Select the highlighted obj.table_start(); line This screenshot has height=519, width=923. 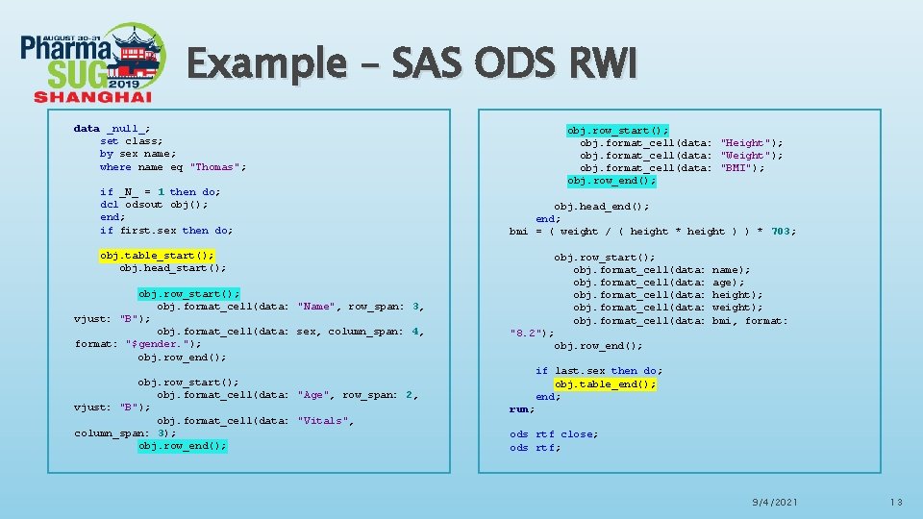click(x=157, y=256)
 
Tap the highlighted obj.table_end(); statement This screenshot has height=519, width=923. click(x=605, y=383)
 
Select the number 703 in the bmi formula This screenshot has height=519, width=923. click(x=783, y=231)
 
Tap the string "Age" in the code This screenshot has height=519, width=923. click(x=313, y=395)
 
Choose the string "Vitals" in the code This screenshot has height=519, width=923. click(x=323, y=421)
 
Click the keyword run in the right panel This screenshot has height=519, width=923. click(x=520, y=409)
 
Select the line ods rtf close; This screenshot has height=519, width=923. click(x=553, y=434)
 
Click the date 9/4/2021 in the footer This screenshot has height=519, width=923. click(x=775, y=503)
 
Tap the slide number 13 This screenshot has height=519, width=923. click(x=896, y=503)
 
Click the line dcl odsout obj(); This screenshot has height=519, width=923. click(x=154, y=204)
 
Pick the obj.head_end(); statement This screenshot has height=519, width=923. click(x=601, y=206)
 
